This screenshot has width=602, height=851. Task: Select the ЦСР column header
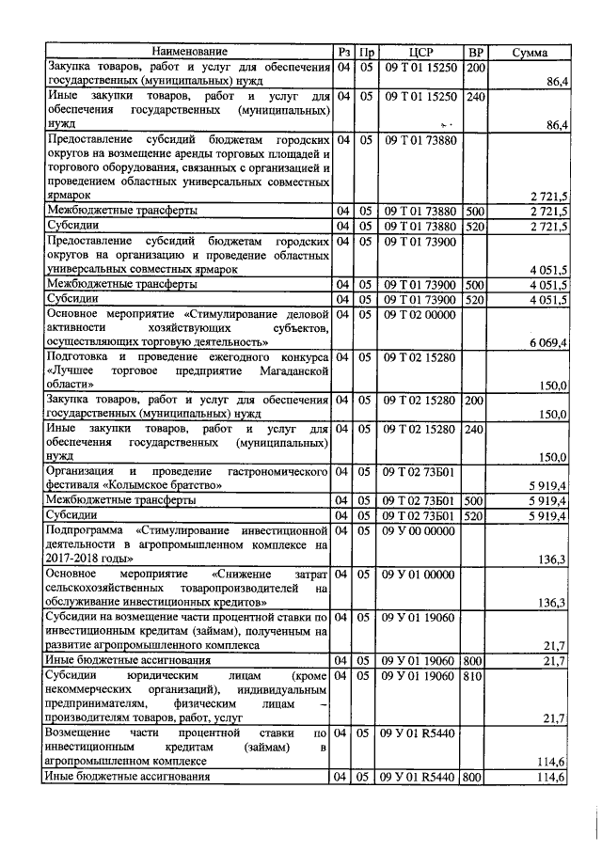420,51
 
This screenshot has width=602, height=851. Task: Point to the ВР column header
477,51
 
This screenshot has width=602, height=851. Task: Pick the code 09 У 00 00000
420,531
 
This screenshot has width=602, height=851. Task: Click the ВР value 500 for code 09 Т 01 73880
476,212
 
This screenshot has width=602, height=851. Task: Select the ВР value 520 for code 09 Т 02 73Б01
476,516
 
